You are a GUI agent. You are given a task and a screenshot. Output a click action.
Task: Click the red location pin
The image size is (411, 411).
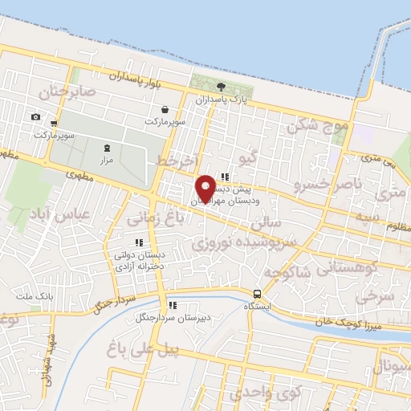(x=205, y=188)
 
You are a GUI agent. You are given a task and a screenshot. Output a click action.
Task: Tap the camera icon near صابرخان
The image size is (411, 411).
(x=35, y=117)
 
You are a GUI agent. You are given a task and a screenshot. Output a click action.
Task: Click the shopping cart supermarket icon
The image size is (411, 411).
(x=53, y=124)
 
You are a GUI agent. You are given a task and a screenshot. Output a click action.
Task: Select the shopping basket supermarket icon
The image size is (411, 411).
(x=165, y=110)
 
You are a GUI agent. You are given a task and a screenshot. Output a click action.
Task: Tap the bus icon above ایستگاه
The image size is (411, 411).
(x=257, y=294)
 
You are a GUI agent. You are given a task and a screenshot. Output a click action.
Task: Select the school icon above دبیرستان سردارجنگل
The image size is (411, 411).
(x=172, y=305)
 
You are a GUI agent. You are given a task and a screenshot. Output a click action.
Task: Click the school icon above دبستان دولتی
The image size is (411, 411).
(x=139, y=242)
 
